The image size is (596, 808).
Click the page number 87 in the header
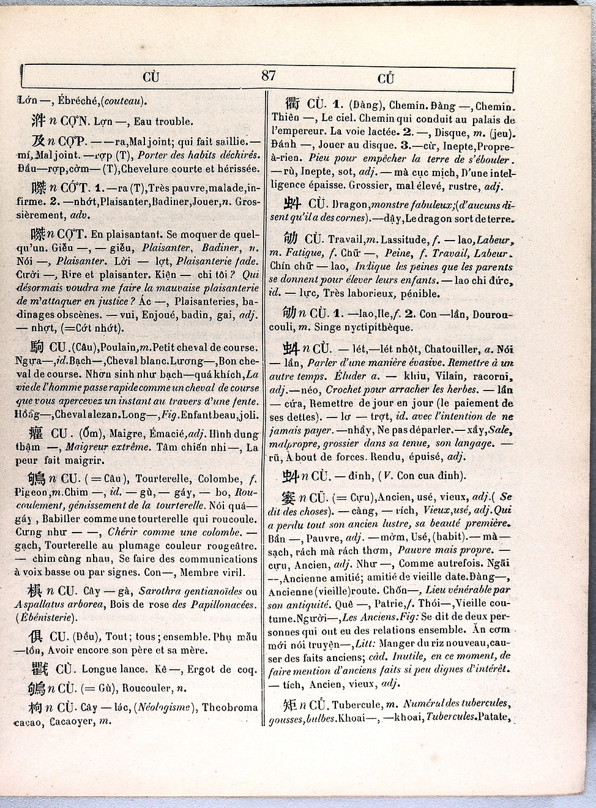tap(268, 75)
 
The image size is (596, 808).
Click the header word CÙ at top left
tap(151, 77)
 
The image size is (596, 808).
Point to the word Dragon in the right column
tap(351, 204)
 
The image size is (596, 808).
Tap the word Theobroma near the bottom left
tap(230, 707)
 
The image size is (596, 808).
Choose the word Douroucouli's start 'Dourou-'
tap(493, 314)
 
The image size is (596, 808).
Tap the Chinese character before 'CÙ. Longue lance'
tap(40, 669)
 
